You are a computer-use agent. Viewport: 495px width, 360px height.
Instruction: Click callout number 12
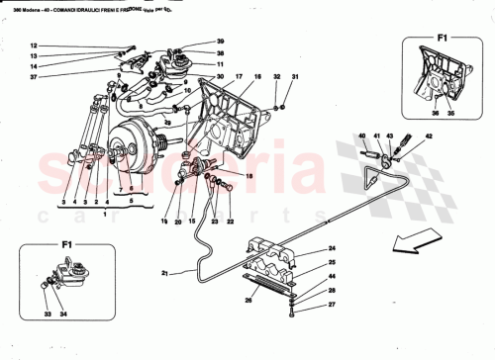32,46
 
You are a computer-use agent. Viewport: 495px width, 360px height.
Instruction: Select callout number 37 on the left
32,77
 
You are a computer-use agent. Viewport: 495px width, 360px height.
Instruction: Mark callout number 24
332,248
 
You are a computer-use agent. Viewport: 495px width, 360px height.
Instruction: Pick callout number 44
332,278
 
